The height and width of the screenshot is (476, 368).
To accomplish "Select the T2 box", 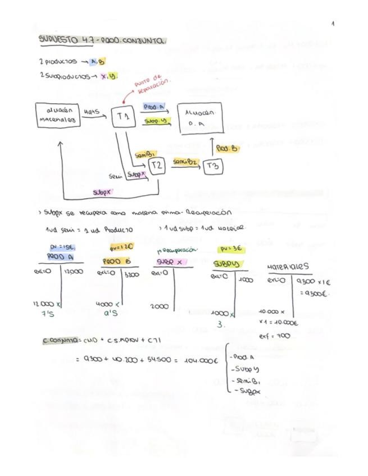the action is click(157, 166).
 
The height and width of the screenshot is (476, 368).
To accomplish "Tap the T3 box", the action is click(212, 166).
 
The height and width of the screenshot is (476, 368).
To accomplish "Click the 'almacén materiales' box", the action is click(57, 115).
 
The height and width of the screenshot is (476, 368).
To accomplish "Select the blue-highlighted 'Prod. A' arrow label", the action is click(153, 107).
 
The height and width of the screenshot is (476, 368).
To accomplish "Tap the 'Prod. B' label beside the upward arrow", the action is click(227, 148).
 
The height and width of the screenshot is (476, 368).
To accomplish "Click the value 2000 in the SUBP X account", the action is click(161, 306).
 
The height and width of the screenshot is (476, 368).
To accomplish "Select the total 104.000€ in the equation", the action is click(199, 360).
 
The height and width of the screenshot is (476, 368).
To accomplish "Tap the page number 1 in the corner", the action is click(333, 24).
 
